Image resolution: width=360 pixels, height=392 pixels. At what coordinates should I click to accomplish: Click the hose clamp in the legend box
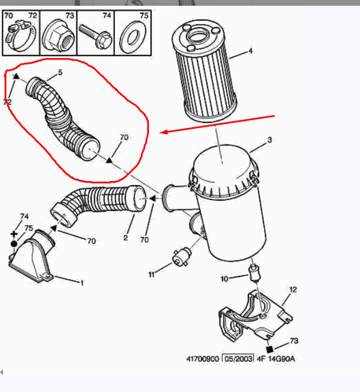[x=20, y=35]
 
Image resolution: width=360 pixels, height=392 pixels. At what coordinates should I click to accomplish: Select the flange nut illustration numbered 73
[x=58, y=36]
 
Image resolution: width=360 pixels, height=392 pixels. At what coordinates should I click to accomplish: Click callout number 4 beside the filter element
[x=250, y=51]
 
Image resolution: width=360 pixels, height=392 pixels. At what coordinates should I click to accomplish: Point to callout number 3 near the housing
[x=269, y=140]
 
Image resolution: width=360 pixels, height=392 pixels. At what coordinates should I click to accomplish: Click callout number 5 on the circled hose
[x=60, y=73]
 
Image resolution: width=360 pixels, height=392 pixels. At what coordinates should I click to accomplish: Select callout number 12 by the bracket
[x=293, y=289]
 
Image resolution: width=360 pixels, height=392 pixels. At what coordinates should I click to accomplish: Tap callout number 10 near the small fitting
[x=224, y=278]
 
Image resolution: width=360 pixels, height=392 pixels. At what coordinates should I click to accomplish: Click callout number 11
[x=152, y=274]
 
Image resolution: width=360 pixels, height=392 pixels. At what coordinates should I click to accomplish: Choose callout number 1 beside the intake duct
[x=82, y=283]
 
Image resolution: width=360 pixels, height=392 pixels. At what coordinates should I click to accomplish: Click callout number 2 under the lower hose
[x=125, y=238]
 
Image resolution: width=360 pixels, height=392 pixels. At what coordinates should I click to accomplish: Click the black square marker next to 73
[x=269, y=350]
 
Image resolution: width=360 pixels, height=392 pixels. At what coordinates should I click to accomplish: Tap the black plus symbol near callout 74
[x=14, y=234]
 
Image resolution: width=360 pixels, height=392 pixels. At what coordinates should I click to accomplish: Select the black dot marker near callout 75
[x=14, y=244]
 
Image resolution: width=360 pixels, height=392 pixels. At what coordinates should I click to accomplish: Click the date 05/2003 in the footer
[x=238, y=359]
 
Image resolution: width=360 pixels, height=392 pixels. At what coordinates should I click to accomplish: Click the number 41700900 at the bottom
[x=203, y=359]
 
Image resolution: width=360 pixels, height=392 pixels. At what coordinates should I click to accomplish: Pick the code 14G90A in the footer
[x=281, y=359]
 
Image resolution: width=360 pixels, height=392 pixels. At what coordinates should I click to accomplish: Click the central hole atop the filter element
[x=198, y=37]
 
